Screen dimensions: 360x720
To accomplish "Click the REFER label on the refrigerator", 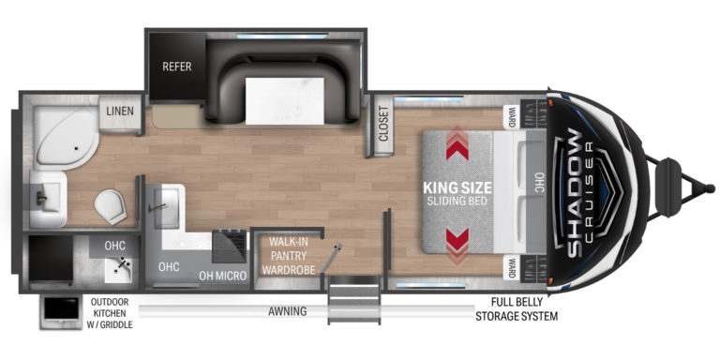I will pos(177,67).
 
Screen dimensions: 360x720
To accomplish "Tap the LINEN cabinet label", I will pos(119,110).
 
